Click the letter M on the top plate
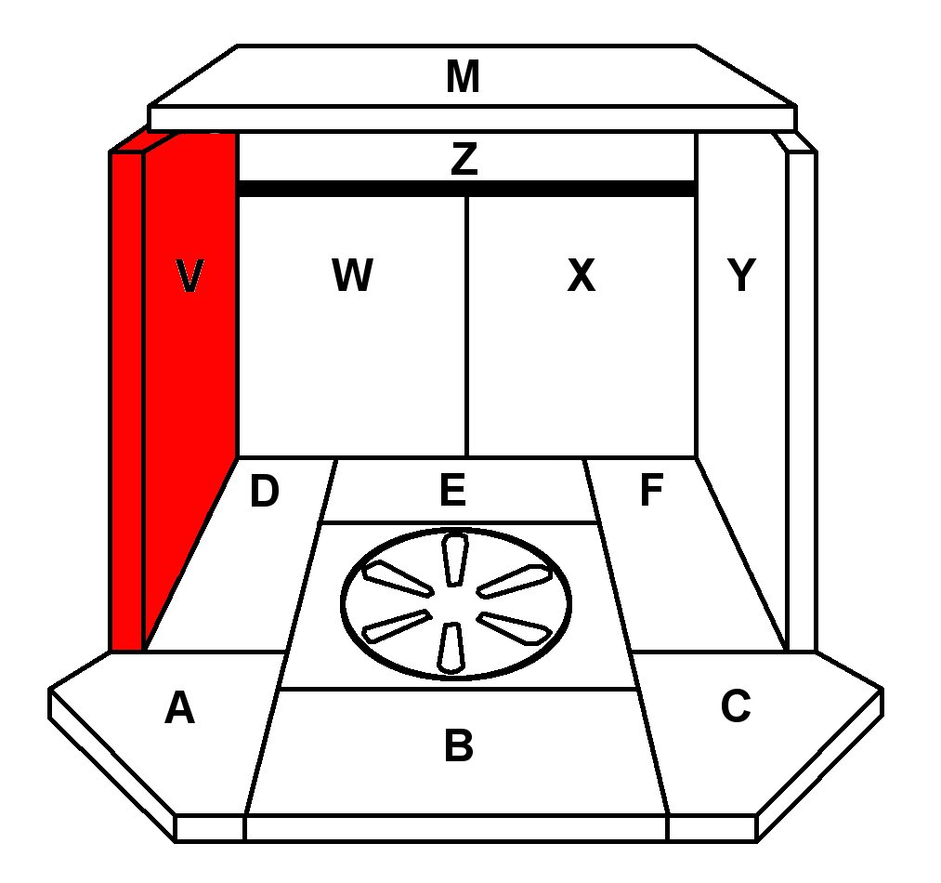click(x=463, y=77)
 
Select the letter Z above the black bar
click(x=464, y=160)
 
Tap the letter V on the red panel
click(x=189, y=276)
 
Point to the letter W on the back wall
click(x=352, y=276)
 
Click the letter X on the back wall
click(x=581, y=276)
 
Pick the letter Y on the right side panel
click(x=740, y=276)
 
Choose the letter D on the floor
click(x=265, y=493)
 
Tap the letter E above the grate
click(x=452, y=491)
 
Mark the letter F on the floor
click(x=651, y=492)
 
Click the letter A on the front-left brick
click(x=179, y=709)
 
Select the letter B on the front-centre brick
click(x=459, y=745)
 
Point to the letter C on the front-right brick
click(x=735, y=707)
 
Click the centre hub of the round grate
click(x=455, y=604)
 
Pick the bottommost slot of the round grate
click(x=451, y=647)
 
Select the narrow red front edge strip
click(x=126, y=400)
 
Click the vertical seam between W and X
click(x=466, y=325)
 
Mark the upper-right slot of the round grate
click(x=515, y=580)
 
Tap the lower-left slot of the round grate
click(x=396, y=626)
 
